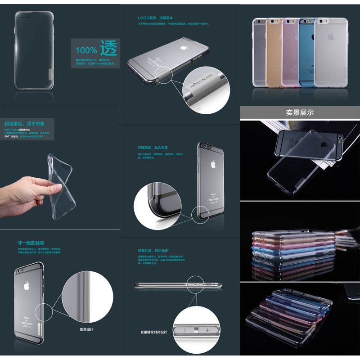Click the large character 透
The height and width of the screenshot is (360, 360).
108,48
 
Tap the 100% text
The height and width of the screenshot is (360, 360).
86,50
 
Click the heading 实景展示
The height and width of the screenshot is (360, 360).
300,112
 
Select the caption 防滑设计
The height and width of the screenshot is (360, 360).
87,329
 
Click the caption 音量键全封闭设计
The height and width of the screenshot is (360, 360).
153,332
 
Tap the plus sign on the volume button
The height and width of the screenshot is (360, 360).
207,330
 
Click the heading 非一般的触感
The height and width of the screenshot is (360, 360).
31,243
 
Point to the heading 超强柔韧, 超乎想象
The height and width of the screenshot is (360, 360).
25,123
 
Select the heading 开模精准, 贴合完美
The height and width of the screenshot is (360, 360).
153,147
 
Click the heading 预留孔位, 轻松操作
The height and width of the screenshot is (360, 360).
153,250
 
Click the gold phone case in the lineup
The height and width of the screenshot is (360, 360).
274,52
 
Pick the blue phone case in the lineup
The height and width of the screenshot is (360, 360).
307,52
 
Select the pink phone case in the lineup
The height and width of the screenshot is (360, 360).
290,52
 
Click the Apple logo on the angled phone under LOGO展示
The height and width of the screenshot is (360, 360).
183,47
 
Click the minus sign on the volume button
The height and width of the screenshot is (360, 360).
184,330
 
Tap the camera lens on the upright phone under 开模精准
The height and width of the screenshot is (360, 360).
206,148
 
